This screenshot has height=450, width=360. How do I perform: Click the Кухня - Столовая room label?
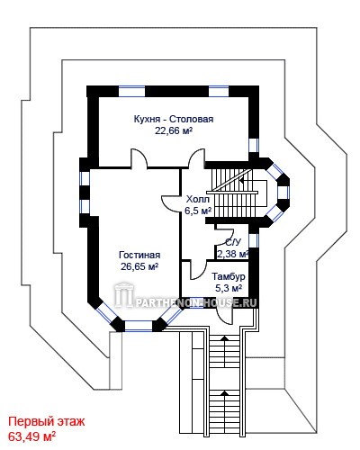click(x=174, y=119)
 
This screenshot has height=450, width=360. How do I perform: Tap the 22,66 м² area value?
click(x=174, y=130)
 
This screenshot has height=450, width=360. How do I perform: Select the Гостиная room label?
click(x=139, y=255)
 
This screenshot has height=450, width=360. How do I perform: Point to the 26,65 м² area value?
click(x=139, y=266)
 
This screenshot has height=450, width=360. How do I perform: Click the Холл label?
click(x=198, y=199)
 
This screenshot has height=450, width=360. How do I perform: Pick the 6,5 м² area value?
click(x=198, y=211)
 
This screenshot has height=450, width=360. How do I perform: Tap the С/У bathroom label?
click(x=233, y=242)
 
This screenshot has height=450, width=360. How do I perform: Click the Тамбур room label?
click(x=229, y=276)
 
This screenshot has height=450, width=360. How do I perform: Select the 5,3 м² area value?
click(x=229, y=288)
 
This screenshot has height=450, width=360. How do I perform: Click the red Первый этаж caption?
click(x=47, y=421)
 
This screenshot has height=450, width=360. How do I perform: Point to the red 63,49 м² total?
click(x=31, y=436)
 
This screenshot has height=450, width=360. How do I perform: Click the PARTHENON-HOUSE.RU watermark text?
click(x=196, y=302)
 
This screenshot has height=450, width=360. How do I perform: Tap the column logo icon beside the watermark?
click(x=123, y=295)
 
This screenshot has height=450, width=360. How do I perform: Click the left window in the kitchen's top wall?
click(x=131, y=91)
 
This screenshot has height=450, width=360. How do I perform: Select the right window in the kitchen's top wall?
click(x=219, y=91)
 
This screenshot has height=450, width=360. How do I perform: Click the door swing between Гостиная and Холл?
click(x=169, y=204)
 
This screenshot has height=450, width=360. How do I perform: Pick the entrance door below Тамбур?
click(x=225, y=316)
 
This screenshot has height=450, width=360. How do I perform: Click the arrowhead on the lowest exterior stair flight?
click(x=224, y=392)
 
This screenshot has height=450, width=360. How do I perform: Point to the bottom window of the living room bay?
click(x=139, y=326)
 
